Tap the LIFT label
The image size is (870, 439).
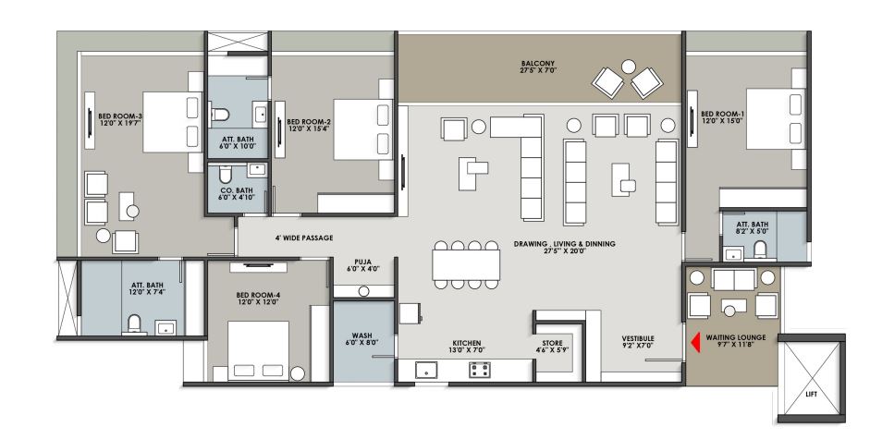(x=811, y=395)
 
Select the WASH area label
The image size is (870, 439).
(x=362, y=339)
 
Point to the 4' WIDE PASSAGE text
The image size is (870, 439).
(x=303, y=238)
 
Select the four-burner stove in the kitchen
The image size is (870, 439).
(x=480, y=370)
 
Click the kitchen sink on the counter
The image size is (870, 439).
(x=426, y=370)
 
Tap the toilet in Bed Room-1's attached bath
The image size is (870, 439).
(x=761, y=247)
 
